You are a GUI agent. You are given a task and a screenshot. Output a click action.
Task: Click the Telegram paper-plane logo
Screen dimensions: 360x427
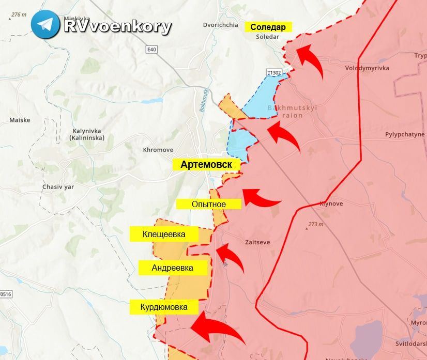tap(45, 24)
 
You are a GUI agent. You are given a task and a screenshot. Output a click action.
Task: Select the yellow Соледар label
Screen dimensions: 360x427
tap(268, 27)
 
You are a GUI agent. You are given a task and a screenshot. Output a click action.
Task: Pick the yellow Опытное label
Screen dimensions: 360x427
tap(209, 204)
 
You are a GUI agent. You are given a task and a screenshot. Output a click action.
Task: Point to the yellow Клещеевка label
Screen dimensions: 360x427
tap(164, 234)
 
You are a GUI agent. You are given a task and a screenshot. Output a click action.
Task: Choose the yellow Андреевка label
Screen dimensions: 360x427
tap(173, 268)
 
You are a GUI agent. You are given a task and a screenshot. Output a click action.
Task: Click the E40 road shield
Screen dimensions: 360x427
tap(151, 49)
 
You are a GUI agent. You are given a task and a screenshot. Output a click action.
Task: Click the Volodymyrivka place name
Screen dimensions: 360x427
tap(367, 68)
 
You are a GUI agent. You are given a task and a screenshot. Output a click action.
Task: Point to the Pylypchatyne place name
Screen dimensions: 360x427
tap(405, 134)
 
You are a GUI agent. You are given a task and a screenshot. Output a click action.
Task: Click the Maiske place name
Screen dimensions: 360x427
tap(20, 120)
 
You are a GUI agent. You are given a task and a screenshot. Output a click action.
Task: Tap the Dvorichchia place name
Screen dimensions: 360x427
tap(221, 25)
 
